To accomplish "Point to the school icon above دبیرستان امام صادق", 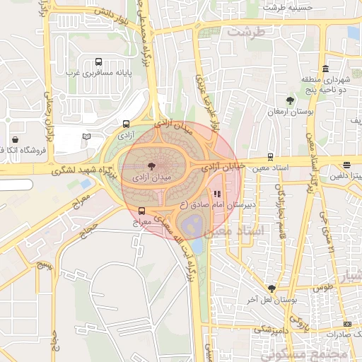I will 216,193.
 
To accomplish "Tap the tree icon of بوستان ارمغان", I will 290,100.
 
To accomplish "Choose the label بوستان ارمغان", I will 285,112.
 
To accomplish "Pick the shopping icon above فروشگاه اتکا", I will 16,139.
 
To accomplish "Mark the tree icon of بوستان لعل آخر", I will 271,288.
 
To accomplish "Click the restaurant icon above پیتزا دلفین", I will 347,163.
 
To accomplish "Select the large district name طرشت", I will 245,33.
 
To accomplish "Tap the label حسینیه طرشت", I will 287,6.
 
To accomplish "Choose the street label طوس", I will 323,288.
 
